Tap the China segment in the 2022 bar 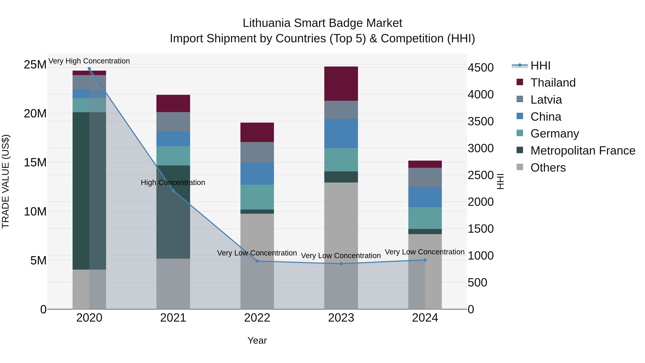[257, 173]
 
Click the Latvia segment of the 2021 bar [173, 122]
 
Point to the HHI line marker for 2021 [173, 191]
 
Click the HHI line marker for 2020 [89, 69]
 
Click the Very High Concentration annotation [89, 61]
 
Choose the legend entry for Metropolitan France [582, 151]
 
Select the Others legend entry [548, 168]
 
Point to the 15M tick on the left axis [35, 162]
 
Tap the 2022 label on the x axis [257, 318]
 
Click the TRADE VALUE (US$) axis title [6, 181]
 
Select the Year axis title [257, 340]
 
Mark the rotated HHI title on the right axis [500, 181]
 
